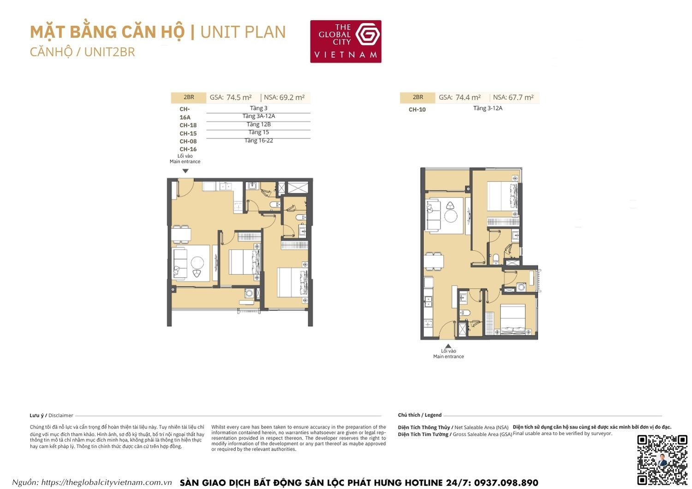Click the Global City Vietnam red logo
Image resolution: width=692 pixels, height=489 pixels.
pyautogui.click(x=346, y=42)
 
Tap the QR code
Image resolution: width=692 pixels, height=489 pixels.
pyautogui.click(x=662, y=459)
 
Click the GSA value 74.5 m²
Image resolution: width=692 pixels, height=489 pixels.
pyautogui.click(x=239, y=98)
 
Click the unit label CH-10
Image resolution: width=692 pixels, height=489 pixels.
pyautogui.click(x=417, y=110)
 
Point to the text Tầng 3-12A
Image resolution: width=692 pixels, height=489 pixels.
pyautogui.click(x=488, y=108)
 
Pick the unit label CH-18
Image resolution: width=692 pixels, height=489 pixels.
pyautogui.click(x=188, y=125)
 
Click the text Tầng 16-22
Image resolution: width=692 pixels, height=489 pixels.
pyautogui.click(x=258, y=141)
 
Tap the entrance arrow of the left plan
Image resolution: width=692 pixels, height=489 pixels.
pyautogui.click(x=185, y=171)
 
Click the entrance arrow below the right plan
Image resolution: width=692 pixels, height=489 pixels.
pyautogui.click(x=448, y=346)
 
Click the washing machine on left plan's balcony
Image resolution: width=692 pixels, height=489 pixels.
pyautogui.click(x=249, y=293)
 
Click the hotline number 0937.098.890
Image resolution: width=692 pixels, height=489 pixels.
pyautogui.click(x=506, y=483)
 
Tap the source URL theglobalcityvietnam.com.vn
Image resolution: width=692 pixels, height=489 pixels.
pyautogui.click(x=106, y=483)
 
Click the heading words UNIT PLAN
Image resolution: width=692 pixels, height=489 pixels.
pyautogui.click(x=243, y=32)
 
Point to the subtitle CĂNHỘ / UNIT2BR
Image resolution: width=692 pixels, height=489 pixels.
pyautogui.click(x=83, y=52)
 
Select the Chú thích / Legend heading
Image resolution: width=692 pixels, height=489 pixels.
pyautogui.click(x=419, y=415)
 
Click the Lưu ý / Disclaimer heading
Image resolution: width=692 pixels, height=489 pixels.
pyautogui.click(x=51, y=416)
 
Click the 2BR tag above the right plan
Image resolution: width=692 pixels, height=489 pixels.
pyautogui.click(x=418, y=97)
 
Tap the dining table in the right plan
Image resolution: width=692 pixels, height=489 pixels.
pyautogui.click(x=434, y=261)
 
